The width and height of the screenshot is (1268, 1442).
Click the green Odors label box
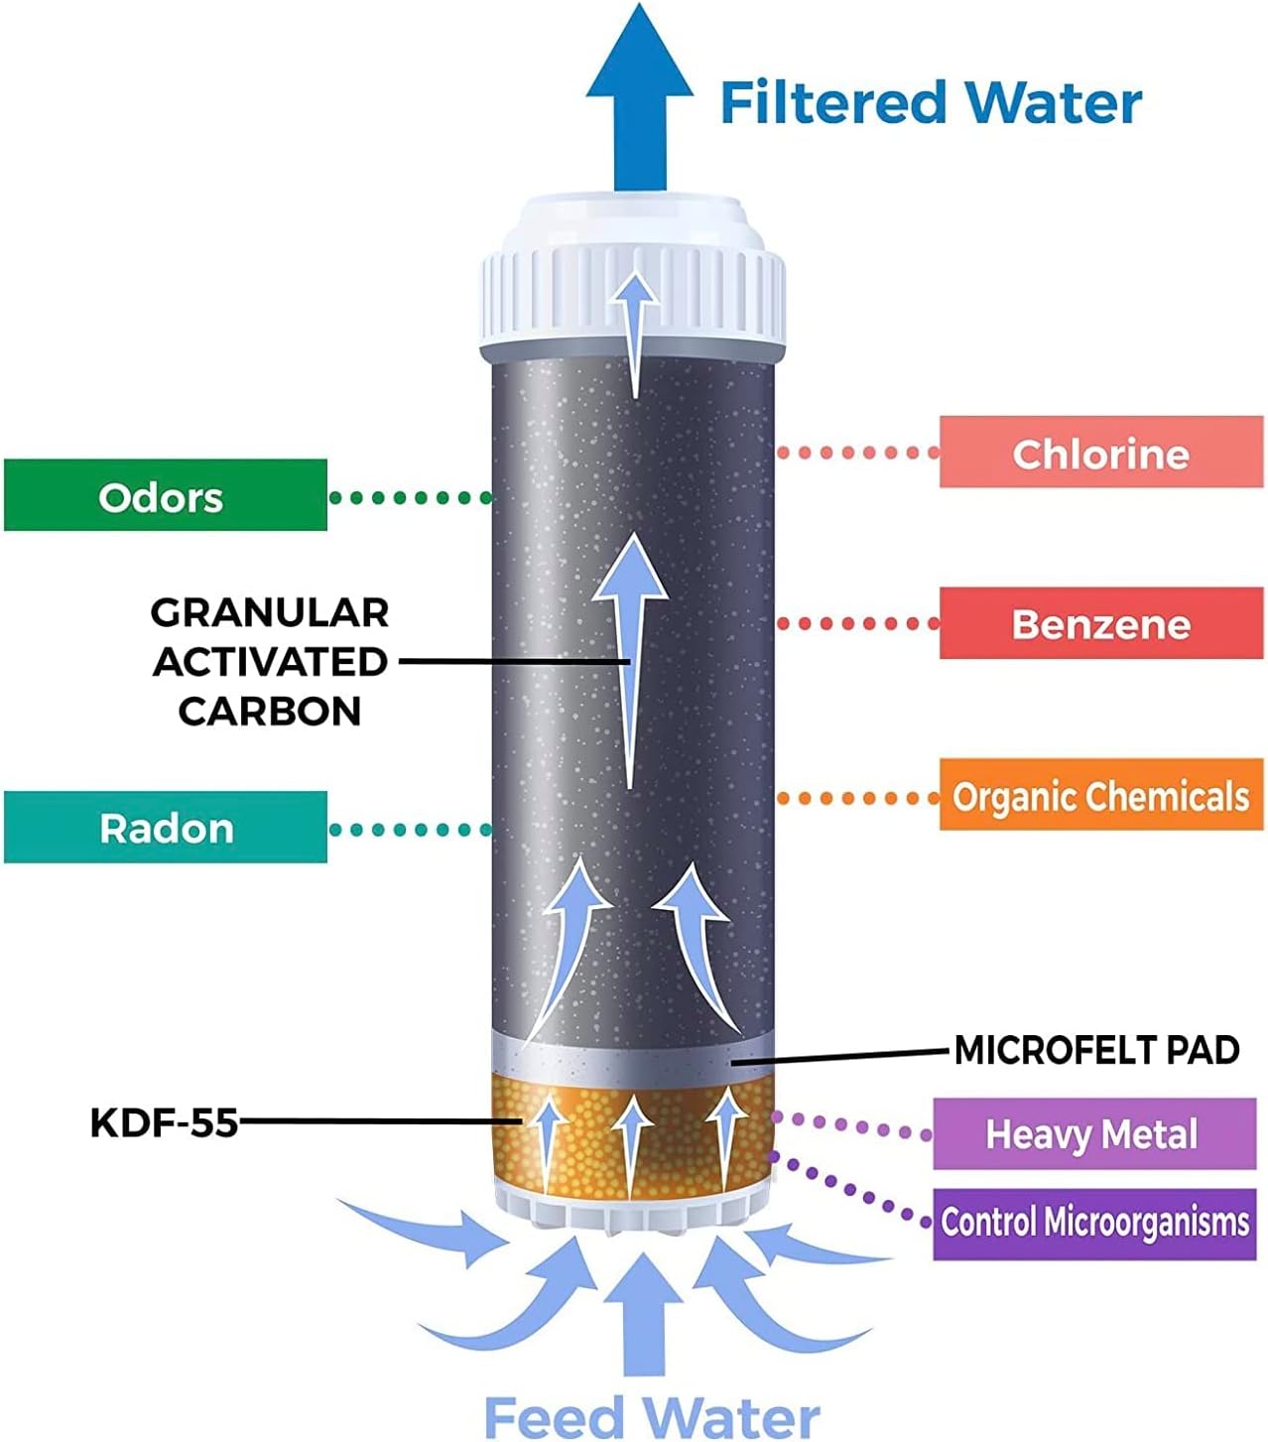pyautogui.click(x=165, y=495)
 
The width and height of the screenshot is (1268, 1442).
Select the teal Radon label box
pyautogui.click(x=165, y=827)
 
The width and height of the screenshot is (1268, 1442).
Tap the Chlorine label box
pyautogui.click(x=1100, y=453)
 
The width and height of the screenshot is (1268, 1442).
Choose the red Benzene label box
pyautogui.click(x=1100, y=623)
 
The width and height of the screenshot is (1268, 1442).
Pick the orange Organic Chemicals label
pyautogui.click(x=1100, y=795)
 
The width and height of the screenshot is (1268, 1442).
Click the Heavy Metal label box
pyautogui.click(x=1092, y=1133)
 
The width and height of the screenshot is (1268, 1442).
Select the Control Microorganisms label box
pyautogui.click(x=1093, y=1222)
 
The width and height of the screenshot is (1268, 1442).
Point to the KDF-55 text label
pyautogui.click(x=164, y=1122)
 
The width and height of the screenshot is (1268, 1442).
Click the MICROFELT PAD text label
pyautogui.click(x=1096, y=1050)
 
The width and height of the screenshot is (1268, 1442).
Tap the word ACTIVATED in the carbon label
pyautogui.click(x=270, y=662)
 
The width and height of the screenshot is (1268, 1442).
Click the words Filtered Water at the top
pyautogui.click(x=931, y=102)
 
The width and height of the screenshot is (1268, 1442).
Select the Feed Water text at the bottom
pyautogui.click(x=651, y=1415)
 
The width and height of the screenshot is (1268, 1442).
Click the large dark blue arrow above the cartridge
pyautogui.click(x=639, y=99)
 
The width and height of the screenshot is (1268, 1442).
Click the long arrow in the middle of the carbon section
pyautogui.click(x=630, y=655)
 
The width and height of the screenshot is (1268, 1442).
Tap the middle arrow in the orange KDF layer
pyautogui.click(x=632, y=1141)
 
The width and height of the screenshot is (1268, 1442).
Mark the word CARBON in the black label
pyautogui.click(x=270, y=711)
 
